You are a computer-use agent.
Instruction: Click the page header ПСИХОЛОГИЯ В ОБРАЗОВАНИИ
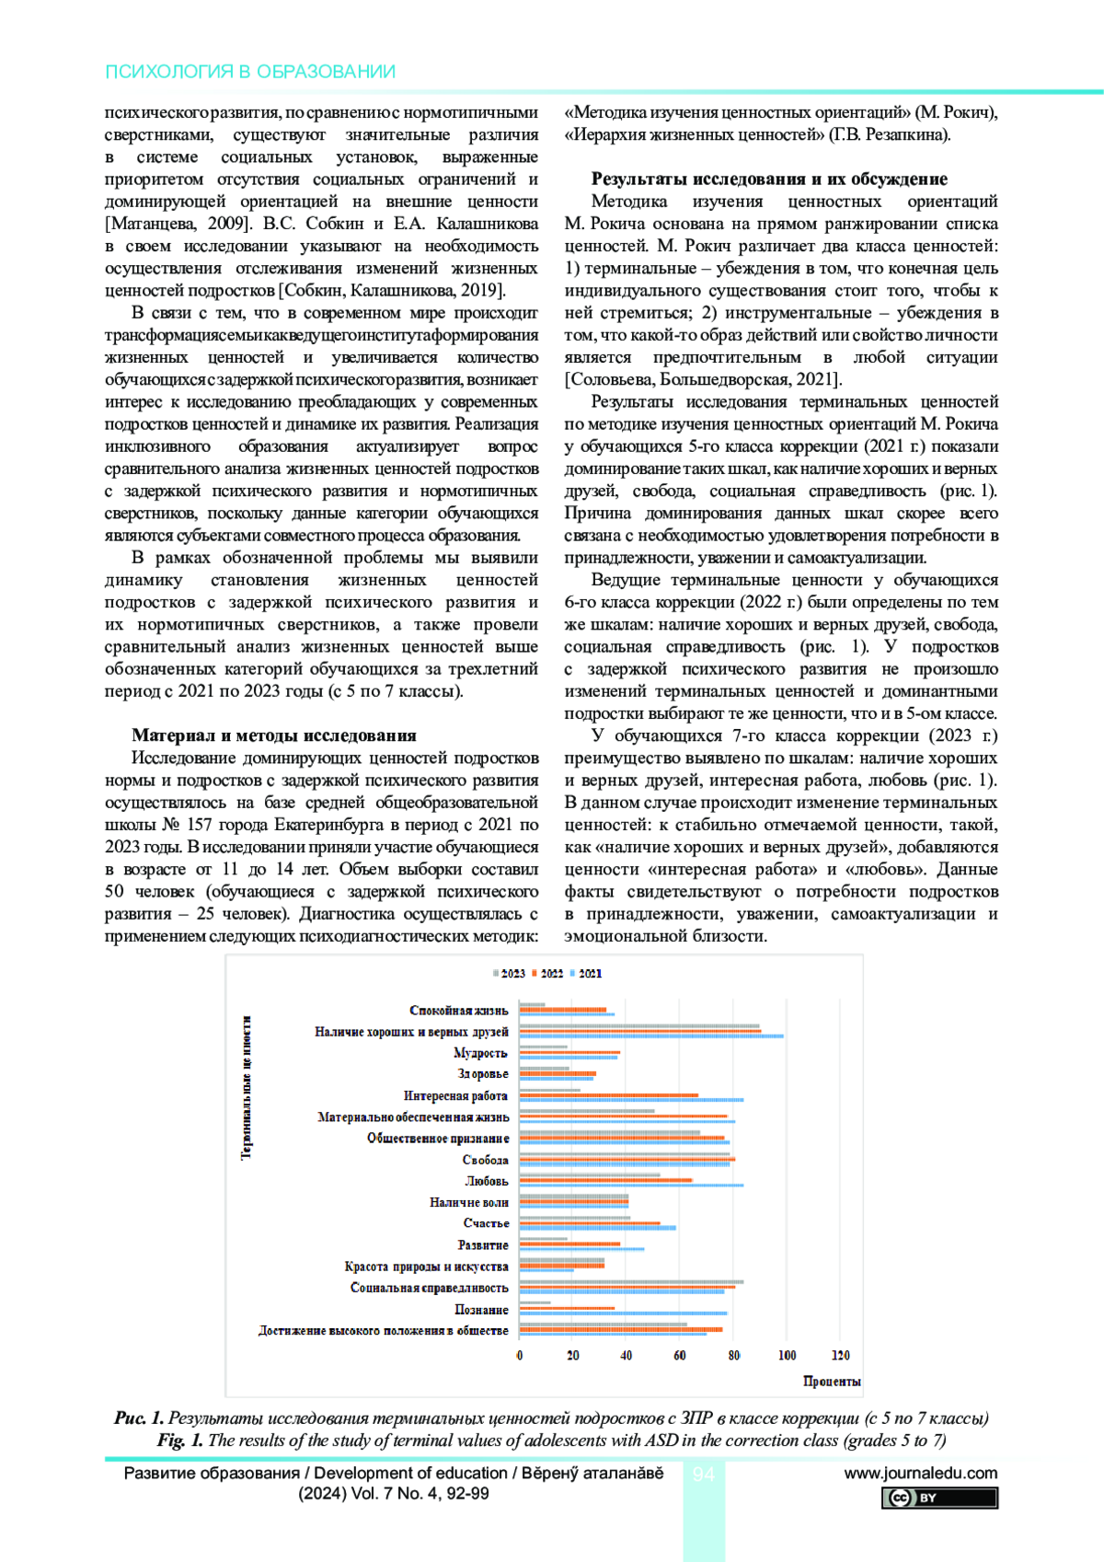[250, 72]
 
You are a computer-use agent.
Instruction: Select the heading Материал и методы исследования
[273, 735]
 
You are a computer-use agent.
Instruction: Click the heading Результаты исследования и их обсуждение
[768, 179]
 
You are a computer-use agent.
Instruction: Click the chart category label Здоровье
[482, 1074]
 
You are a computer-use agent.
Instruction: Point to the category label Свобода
[485, 1160]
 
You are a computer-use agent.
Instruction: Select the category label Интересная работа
[455, 1095]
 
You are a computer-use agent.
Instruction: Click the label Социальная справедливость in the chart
[429, 1288]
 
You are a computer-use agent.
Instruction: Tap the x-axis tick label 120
[840, 1355]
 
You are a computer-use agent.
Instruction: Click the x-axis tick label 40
[627, 1355]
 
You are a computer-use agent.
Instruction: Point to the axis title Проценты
[832, 1381]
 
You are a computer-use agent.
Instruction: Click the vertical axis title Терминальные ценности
[247, 1087]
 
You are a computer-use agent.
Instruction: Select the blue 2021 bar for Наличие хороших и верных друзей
[651, 1036]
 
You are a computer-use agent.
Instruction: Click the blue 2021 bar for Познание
[623, 1313]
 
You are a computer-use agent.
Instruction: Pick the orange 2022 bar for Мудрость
[569, 1052]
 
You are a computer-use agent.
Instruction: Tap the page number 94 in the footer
[704, 1475]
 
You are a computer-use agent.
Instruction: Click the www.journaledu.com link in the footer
[920, 1473]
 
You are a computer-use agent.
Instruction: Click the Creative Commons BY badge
[939, 1498]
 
